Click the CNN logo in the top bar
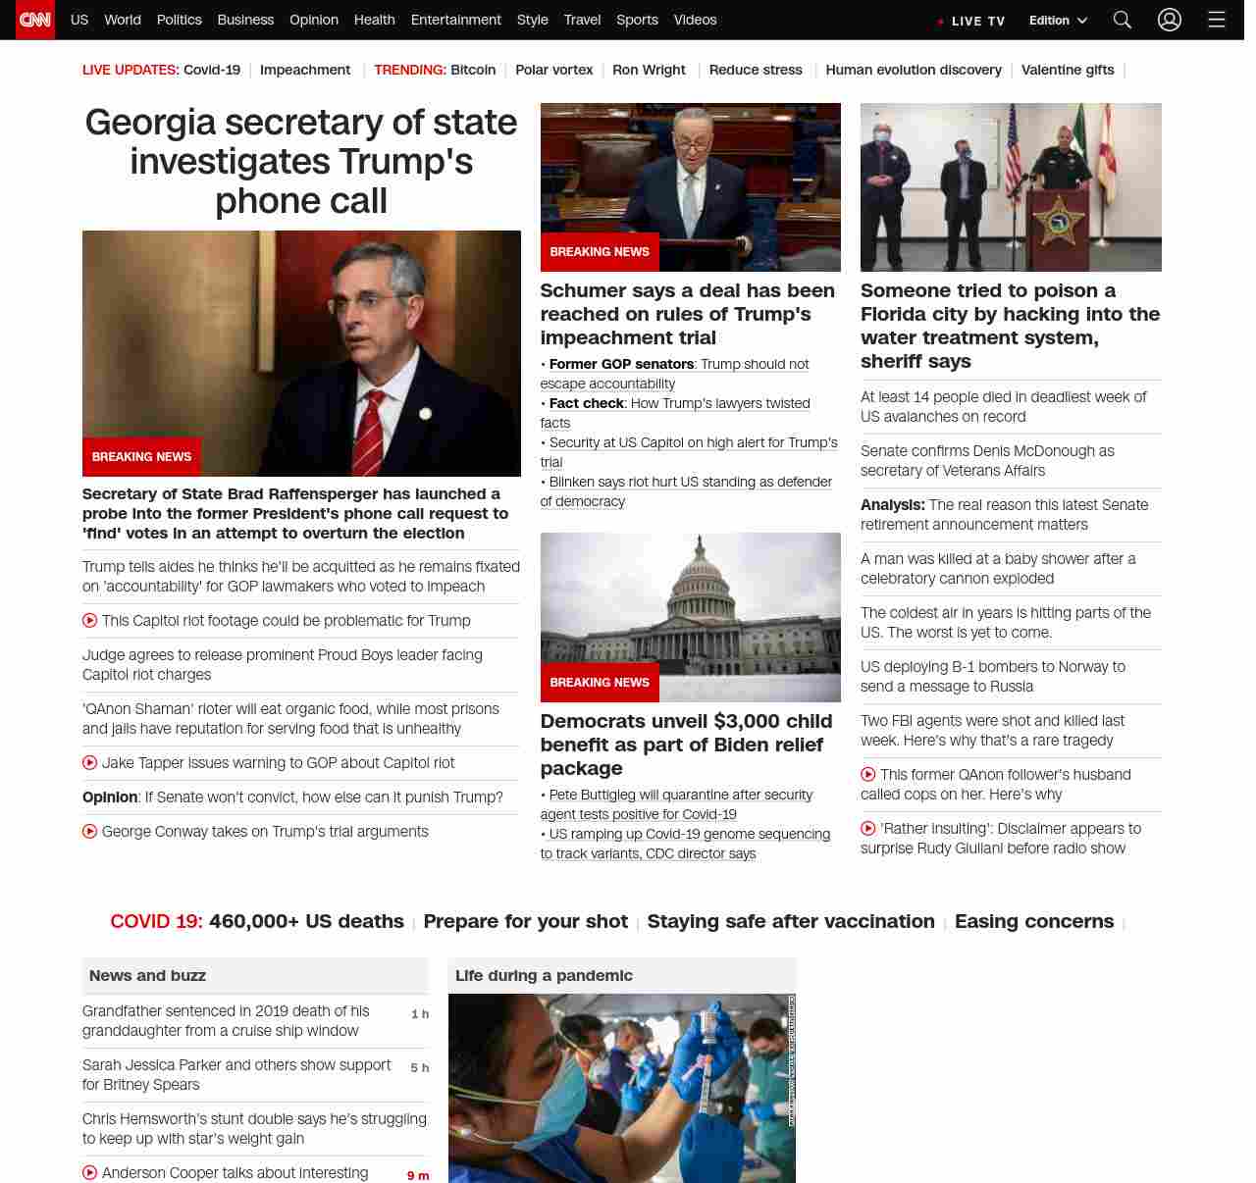pos(35,20)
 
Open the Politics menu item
pos(179,20)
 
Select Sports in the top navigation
pos(637,20)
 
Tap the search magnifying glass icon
pos(1123,20)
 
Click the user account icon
pos(1169,20)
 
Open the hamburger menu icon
pos(1217,20)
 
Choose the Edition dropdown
pos(1058,21)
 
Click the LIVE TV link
pos(971,21)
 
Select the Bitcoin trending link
pos(473,70)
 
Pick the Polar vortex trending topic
pos(553,70)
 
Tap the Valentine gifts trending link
pos(1067,70)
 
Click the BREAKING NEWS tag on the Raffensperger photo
pos(141,457)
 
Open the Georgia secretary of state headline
pos(301,161)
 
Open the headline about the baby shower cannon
pos(998,568)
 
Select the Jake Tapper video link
pos(278,762)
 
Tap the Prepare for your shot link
pos(525,921)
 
